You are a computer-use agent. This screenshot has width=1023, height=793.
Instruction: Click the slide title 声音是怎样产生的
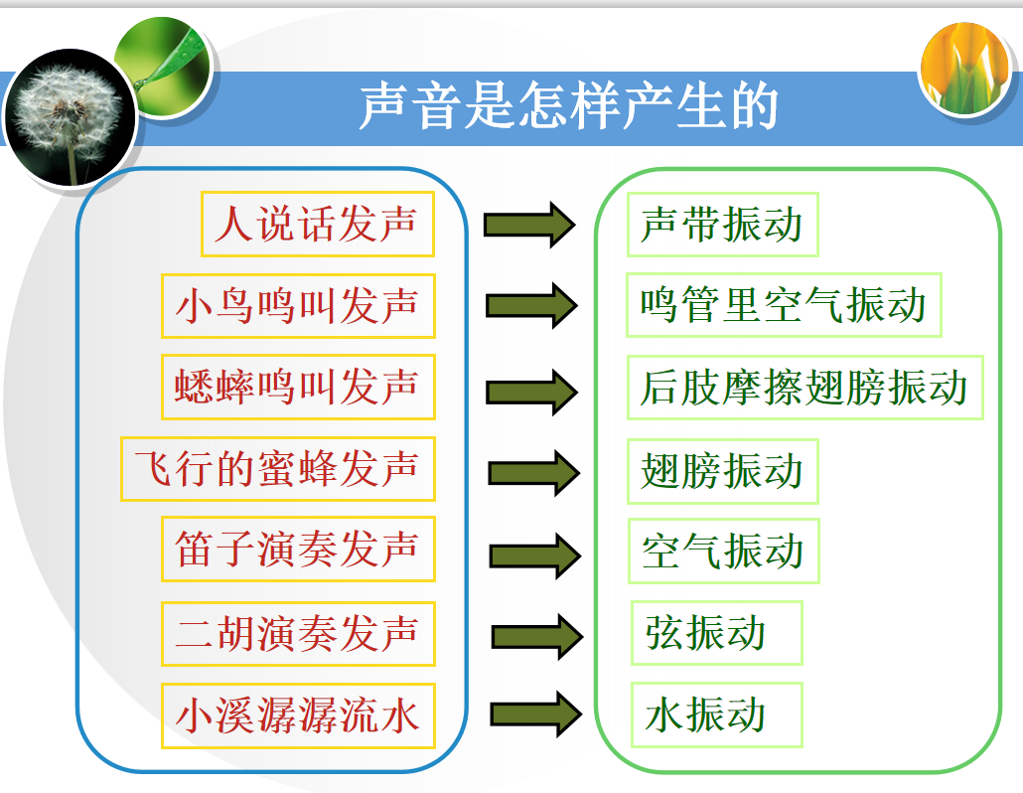[x=568, y=105]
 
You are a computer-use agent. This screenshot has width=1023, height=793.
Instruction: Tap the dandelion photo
[x=70, y=117]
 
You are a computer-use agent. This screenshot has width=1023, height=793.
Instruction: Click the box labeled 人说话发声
[x=318, y=224]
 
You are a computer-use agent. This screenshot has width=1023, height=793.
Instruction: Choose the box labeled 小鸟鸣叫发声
[x=298, y=306]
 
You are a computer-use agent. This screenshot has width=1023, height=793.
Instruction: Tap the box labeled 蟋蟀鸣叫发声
[x=298, y=387]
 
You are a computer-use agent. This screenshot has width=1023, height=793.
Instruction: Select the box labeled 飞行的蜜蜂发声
[x=278, y=469]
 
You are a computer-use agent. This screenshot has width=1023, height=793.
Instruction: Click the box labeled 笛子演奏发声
[x=298, y=549]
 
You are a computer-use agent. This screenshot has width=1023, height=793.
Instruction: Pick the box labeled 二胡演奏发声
[x=298, y=634]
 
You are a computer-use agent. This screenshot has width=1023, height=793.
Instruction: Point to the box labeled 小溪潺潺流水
[x=298, y=715]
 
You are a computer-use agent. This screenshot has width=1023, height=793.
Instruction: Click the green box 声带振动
[x=722, y=225]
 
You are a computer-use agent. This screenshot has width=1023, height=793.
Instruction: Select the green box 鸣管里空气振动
[x=784, y=305]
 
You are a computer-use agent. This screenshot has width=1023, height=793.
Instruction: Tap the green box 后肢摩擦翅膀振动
[x=805, y=388]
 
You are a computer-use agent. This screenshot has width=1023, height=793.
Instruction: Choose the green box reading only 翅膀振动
[x=722, y=471]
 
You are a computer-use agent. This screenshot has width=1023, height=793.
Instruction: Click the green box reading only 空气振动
[x=723, y=552]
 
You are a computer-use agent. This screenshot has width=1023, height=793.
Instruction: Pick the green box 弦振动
[x=716, y=633]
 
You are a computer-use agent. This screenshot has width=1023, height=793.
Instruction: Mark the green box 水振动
[x=716, y=715]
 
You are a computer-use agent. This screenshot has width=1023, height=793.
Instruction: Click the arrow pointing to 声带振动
[x=529, y=226]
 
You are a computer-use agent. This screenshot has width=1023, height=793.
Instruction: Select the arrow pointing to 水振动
[x=536, y=714]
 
